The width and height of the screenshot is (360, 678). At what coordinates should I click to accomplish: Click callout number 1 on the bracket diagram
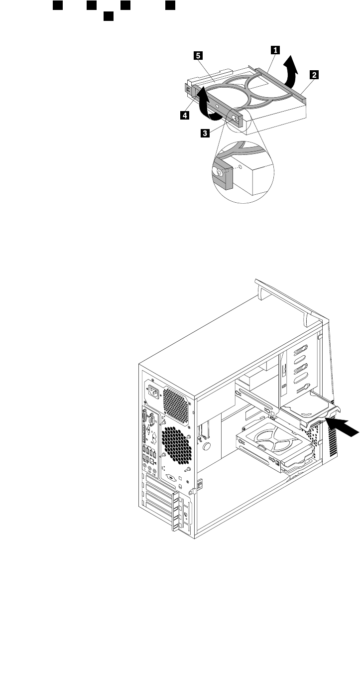pos(274,50)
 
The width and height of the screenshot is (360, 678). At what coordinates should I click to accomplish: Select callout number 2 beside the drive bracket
pos(314,75)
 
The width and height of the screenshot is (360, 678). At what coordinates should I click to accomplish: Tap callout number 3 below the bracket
pos(205,134)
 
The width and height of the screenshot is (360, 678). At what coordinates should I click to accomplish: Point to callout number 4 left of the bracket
pos(184,115)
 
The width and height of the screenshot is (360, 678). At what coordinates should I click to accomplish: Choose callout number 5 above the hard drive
pos(198,56)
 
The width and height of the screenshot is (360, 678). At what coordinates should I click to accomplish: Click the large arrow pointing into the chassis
pos(344,425)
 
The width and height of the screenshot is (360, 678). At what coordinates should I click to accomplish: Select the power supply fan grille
pos(176,403)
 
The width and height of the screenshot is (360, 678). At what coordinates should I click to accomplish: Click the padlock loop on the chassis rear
pos(201,484)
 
